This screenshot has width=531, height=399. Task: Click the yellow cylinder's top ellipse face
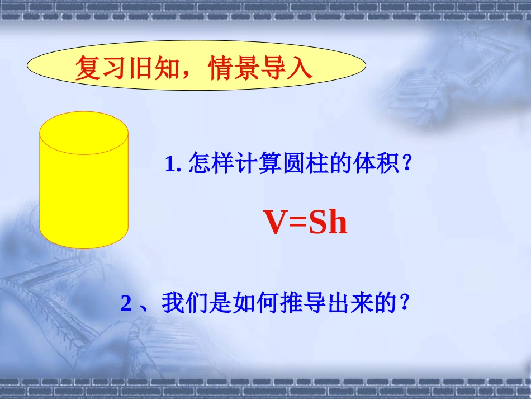[84, 134]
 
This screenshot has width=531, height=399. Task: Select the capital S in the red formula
[317, 223]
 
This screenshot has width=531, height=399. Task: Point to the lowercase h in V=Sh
[337, 223]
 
